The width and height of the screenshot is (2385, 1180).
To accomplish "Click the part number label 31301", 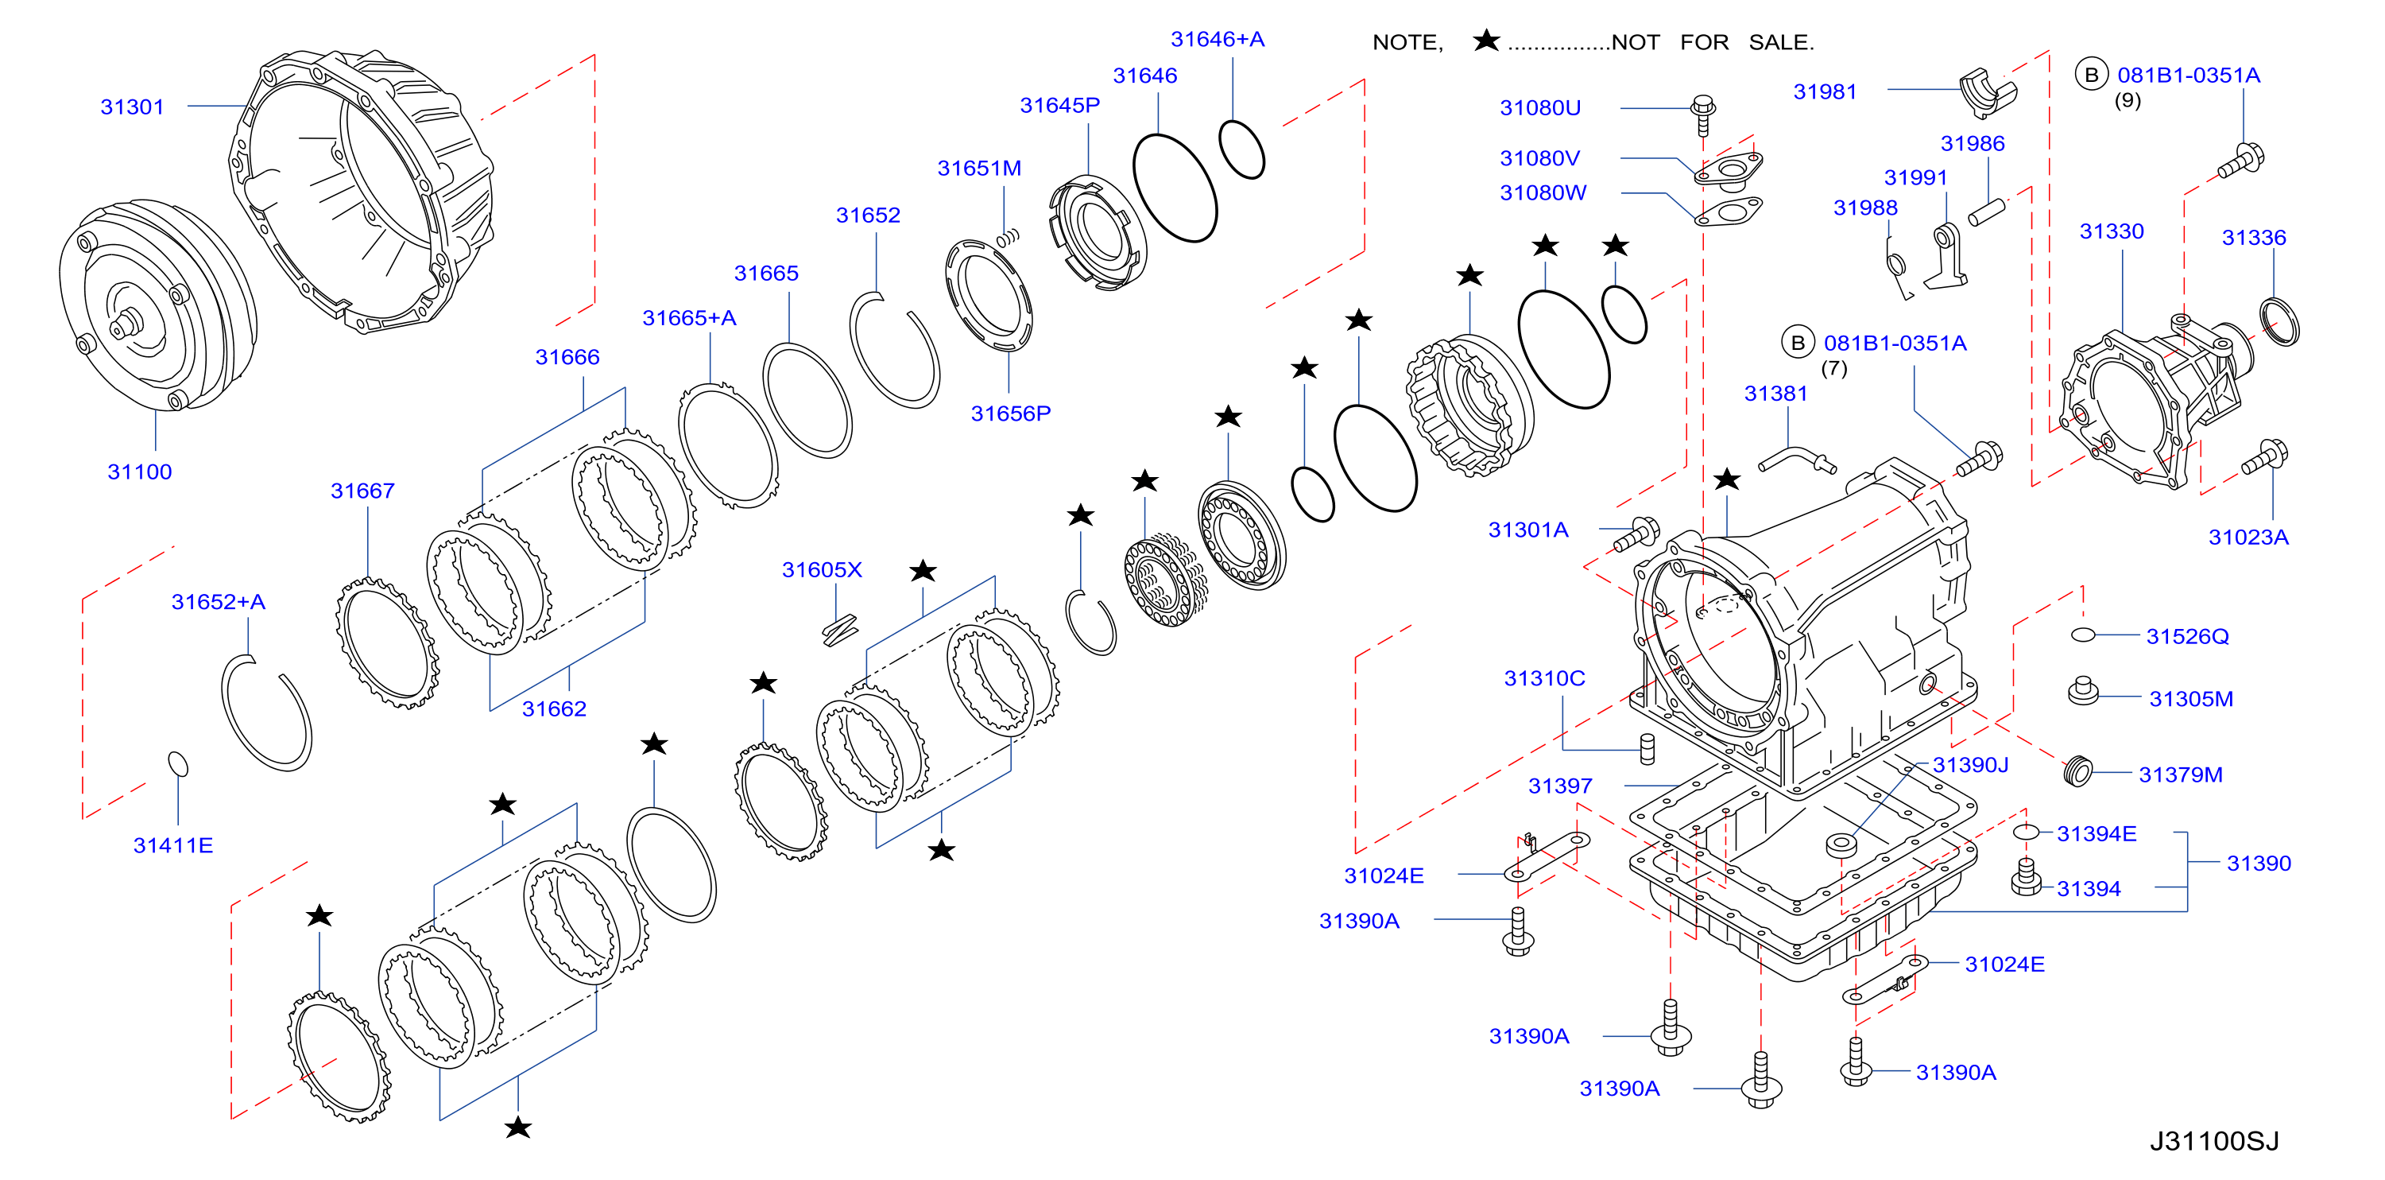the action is point(133,107).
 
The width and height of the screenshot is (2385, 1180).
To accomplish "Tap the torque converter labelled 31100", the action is point(157,305).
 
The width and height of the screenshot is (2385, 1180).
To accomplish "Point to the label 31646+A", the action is point(1218,40).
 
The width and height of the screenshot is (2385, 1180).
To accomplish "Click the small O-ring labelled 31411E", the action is point(178,764).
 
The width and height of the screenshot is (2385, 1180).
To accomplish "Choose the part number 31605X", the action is point(823,569).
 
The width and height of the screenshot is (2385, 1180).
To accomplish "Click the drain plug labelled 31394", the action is point(2026,876).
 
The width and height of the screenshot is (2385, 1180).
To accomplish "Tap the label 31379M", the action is point(2181,775).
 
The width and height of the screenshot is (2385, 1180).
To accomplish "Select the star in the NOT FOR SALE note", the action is point(1486,40).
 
